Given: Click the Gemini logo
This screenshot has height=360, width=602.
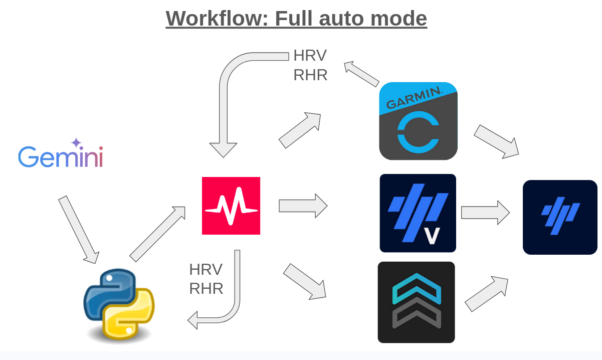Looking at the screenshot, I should tap(61, 155).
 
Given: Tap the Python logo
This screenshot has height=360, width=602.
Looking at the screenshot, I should tap(119, 305).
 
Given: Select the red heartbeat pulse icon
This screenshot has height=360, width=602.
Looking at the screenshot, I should tap(231, 206).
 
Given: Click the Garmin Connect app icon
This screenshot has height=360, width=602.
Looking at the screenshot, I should tap(418, 121).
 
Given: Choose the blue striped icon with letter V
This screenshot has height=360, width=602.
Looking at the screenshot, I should tap(418, 213).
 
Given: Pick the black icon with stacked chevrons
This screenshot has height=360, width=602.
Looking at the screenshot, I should tap(416, 302).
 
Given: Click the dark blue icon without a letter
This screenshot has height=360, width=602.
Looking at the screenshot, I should tap(560, 217).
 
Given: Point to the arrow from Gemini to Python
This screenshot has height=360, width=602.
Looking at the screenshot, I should tap(79, 229).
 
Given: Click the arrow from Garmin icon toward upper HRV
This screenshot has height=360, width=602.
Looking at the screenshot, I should tap(361, 74).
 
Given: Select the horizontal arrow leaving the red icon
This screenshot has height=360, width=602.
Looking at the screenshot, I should tap(303, 206).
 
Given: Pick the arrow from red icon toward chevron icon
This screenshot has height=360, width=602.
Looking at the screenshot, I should tap(305, 282).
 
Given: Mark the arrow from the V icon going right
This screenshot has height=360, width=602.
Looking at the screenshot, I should tap(485, 213).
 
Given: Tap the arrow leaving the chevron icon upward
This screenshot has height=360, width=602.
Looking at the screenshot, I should tap(486, 294).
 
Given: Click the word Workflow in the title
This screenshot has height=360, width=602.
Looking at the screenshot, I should tap(217, 19).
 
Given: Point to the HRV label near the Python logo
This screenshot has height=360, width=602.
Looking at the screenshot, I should tap(206, 269).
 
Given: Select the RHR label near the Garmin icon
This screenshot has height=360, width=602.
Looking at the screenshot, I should tap(310, 75).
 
